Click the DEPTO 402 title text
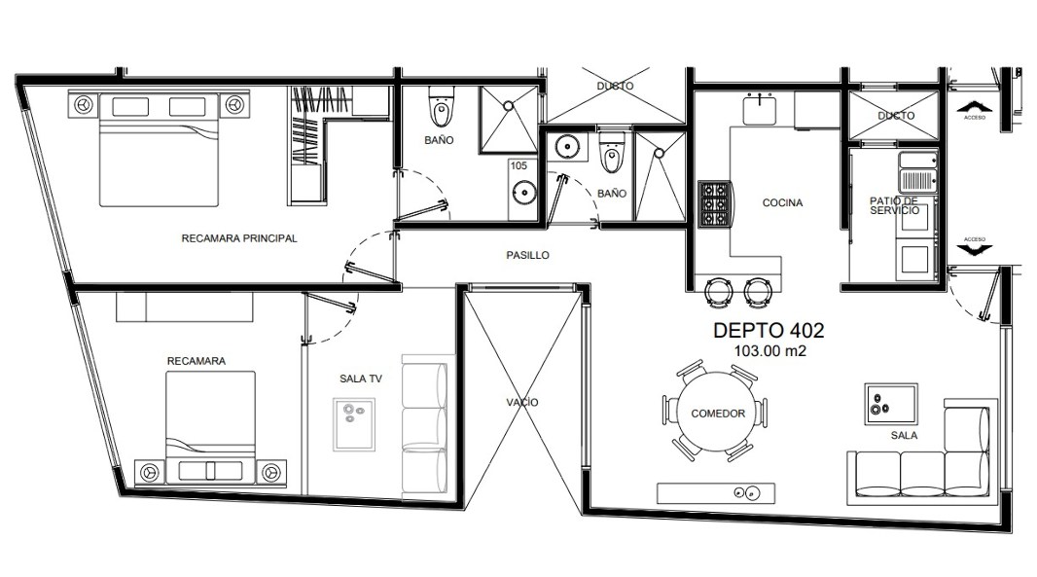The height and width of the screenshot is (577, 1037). pyautogui.click(x=769, y=331)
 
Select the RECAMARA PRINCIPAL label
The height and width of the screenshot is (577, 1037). pyautogui.click(x=238, y=238)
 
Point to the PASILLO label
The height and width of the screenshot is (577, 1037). pyautogui.click(x=528, y=255)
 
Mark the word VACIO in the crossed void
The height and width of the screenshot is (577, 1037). pyautogui.click(x=522, y=402)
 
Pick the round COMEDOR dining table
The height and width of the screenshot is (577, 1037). pyautogui.click(x=718, y=413)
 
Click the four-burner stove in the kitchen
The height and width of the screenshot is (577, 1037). pyautogui.click(x=714, y=203)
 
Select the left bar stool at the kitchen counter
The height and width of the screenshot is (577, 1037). pyautogui.click(x=719, y=289)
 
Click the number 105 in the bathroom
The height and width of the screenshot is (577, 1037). pyautogui.click(x=518, y=166)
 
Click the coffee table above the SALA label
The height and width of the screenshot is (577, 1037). pyautogui.click(x=891, y=400)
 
